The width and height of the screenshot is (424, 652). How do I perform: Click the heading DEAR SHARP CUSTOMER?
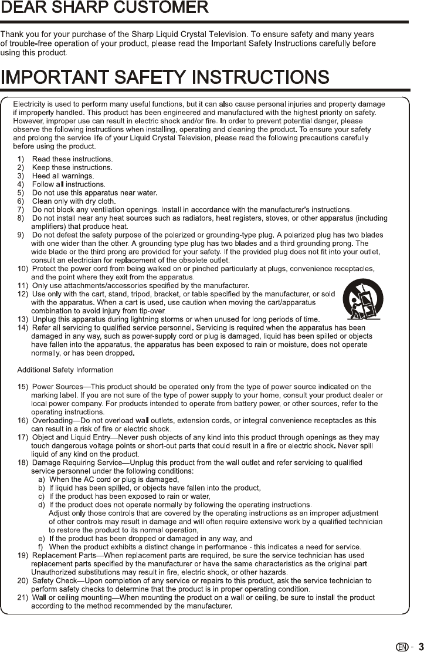pyautogui.click(x=104, y=8)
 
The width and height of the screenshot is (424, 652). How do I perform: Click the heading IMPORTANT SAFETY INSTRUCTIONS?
pyautogui.click(x=165, y=77)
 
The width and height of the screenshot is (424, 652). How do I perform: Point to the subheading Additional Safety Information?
pyautogui.click(x=66, y=370)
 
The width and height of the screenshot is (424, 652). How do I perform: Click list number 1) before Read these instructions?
pyautogui.click(x=21, y=159)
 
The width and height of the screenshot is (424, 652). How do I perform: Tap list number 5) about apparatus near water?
pyautogui.click(x=21, y=192)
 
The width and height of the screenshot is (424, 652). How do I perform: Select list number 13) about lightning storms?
pyautogui.click(x=23, y=319)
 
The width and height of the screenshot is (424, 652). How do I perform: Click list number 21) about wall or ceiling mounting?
pyautogui.click(x=23, y=597)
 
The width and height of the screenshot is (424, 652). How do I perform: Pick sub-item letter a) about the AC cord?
pyautogui.click(x=42, y=479)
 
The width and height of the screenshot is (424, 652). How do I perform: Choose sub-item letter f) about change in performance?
pyautogui.click(x=42, y=547)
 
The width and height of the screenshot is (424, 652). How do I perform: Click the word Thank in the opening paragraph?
pyautogui.click(x=11, y=35)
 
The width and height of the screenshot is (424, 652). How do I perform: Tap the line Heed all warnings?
pyautogui.click(x=63, y=175)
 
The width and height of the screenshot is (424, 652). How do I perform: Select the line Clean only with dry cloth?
pyautogui.click(x=73, y=201)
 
